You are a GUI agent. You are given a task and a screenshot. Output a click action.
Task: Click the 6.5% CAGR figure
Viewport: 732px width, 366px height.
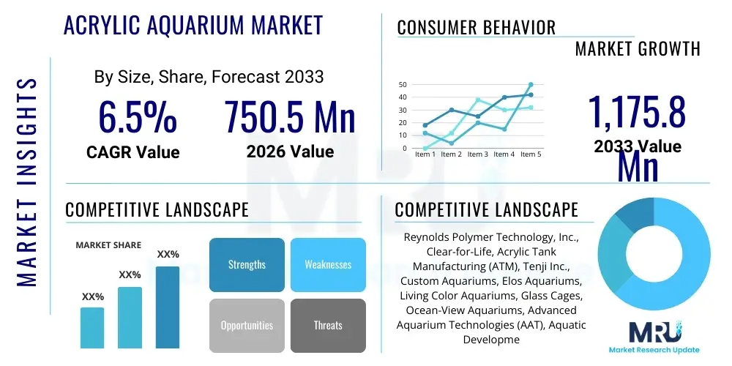coord(137,117)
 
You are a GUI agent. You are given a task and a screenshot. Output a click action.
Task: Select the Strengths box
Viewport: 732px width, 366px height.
coord(247,264)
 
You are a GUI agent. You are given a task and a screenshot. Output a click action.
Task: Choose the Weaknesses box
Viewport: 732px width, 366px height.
coord(328,264)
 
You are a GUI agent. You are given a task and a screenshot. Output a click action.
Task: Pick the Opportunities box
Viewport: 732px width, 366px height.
coord(247,325)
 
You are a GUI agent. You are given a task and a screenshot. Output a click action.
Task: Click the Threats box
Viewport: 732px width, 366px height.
coord(328,325)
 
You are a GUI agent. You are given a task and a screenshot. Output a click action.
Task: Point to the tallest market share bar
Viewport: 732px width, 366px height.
coord(168,307)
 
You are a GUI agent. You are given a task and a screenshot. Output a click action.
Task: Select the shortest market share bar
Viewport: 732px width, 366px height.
coord(92,327)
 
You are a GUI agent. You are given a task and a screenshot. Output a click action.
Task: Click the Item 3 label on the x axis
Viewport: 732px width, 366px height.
coord(477,154)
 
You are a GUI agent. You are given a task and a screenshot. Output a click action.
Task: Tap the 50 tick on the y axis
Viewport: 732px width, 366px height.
coord(403,85)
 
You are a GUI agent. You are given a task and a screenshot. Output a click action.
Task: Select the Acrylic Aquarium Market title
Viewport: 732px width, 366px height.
coord(193,26)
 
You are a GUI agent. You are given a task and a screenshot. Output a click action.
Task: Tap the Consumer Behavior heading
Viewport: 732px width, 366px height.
coord(477,28)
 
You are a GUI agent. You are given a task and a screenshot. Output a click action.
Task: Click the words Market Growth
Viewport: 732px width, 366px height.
coord(638,49)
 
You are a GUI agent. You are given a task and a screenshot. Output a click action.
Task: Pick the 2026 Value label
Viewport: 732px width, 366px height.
coord(290,152)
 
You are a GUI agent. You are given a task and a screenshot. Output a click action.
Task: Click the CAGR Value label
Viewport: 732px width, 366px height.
coord(132,152)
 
